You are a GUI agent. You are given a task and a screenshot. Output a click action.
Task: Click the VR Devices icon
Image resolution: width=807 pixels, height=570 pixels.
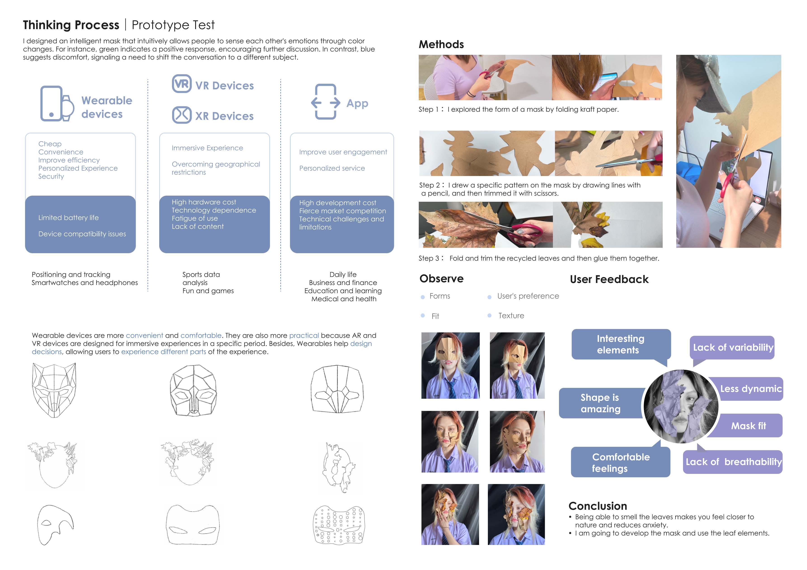[x=182, y=84]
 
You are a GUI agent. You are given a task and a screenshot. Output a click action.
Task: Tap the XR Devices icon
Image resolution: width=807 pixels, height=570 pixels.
[x=182, y=115]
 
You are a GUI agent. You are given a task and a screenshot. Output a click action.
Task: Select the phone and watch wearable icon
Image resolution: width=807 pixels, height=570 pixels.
[x=57, y=104]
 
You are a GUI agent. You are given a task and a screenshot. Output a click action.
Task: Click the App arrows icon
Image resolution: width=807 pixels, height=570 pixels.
[x=325, y=102]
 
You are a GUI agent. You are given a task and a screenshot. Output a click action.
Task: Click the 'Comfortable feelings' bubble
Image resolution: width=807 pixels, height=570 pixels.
[x=620, y=461]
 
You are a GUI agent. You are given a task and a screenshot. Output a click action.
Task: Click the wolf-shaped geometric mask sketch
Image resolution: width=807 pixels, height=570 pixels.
[x=54, y=390]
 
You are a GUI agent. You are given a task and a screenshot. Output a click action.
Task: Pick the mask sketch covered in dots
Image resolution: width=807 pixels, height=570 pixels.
[x=339, y=525]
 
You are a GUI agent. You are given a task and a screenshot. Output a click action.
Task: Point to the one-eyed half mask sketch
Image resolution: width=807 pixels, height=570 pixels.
[x=55, y=525]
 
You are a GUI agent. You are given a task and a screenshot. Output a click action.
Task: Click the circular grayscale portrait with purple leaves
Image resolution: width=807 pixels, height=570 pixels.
[x=681, y=406]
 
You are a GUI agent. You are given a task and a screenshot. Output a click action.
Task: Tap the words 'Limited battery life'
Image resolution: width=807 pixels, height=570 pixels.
[x=68, y=218]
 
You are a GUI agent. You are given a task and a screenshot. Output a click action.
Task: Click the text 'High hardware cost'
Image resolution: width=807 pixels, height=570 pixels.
[x=204, y=202]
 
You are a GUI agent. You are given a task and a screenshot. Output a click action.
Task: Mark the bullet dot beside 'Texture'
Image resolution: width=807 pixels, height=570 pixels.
[x=489, y=315]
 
